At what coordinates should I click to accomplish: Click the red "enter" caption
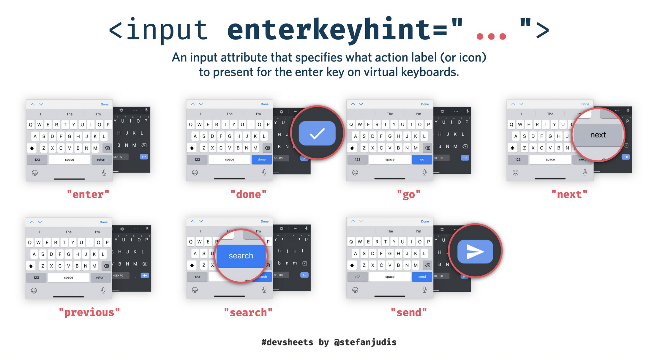coord(88,195)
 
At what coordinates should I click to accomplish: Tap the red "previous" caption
coord(89,312)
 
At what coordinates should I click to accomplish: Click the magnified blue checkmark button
coord(317,133)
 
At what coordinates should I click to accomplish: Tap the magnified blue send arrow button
coord(475,252)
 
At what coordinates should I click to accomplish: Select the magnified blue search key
coord(241,256)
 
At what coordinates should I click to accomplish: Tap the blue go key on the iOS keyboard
coord(422,160)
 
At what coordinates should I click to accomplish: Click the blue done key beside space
coord(261,160)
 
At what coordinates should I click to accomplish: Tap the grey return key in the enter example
coord(102,160)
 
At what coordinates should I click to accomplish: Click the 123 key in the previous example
coord(36,278)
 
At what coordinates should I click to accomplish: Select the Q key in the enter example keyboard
coord(31,125)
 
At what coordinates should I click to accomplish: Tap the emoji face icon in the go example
coord(355,173)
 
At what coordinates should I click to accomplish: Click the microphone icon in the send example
coord(424,290)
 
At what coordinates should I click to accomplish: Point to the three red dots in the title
coord(491,37)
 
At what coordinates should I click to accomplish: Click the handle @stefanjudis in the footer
coord(365,342)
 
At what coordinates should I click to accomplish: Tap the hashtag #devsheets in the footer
coord(287,342)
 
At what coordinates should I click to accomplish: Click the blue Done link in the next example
coord(585,104)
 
